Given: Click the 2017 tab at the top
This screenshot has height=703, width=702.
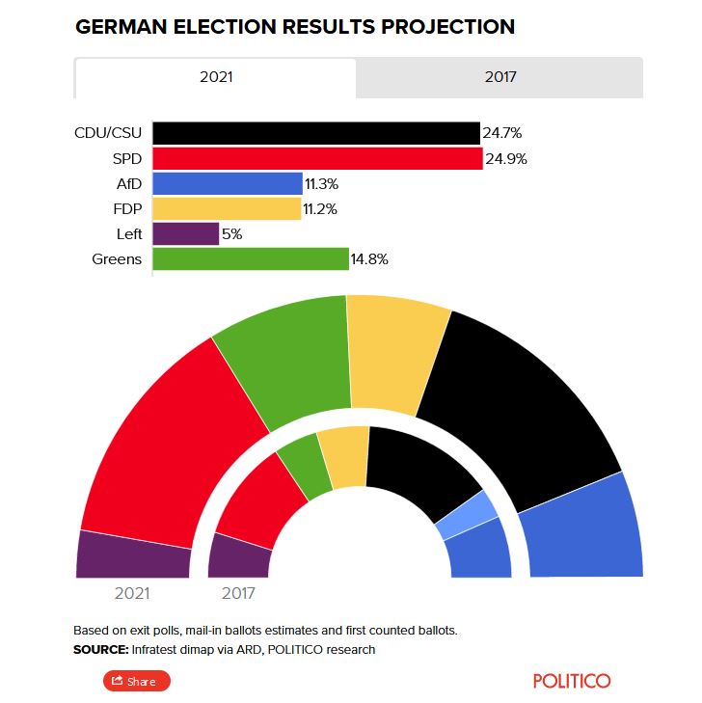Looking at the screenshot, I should point(499,77).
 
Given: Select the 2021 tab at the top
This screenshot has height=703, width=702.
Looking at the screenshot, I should point(215,77).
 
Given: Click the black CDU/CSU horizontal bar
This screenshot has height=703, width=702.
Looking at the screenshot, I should point(315,133).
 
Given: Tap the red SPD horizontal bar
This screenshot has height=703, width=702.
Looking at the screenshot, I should point(316,158).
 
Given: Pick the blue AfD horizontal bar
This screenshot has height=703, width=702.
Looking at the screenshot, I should point(227,183).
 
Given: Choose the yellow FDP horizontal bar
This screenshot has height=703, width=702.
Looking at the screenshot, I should point(227,208).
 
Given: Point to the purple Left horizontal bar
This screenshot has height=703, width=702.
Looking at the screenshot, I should point(185,233).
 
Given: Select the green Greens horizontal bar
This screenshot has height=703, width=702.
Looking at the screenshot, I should point(250,258).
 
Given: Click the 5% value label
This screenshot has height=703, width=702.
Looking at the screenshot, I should point(231,233).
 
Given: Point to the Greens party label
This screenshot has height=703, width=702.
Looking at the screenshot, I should point(117,258).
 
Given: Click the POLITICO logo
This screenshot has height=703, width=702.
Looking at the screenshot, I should point(572,681).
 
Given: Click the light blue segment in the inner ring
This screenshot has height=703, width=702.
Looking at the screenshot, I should point(467,516).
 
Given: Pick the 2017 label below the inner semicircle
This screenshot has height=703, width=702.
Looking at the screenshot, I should point(238,593).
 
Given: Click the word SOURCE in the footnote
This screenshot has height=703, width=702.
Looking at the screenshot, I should point(101,650).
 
